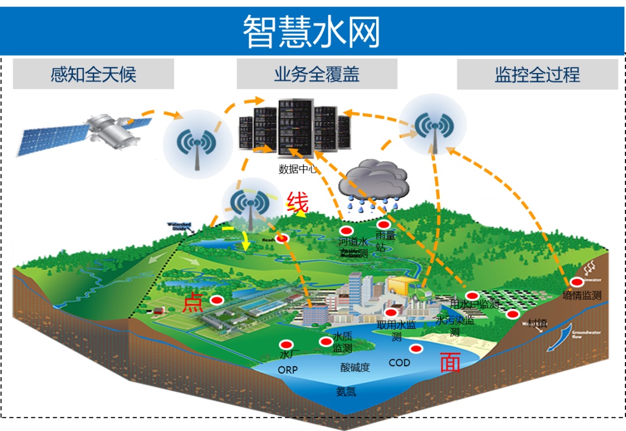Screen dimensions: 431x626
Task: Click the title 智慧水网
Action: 311,31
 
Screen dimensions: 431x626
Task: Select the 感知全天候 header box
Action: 93,74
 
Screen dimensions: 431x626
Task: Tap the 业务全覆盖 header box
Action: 316,74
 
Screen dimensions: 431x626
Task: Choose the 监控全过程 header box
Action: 537,75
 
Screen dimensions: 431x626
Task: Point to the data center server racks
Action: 296,129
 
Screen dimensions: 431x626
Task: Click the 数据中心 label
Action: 298,170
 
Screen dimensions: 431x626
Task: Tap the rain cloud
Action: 374,181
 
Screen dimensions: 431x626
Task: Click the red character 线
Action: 297,203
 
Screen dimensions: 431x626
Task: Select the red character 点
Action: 192,302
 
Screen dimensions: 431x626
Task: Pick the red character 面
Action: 450,362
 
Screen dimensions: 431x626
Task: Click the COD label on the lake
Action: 399,363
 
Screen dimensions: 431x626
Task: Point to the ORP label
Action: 287,370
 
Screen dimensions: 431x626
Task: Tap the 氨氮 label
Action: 346,392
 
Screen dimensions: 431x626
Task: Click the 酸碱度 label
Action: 355,367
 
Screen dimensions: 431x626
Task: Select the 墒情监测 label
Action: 582,295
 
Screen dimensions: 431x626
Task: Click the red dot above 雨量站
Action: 383,225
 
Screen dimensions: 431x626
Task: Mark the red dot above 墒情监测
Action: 577,283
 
